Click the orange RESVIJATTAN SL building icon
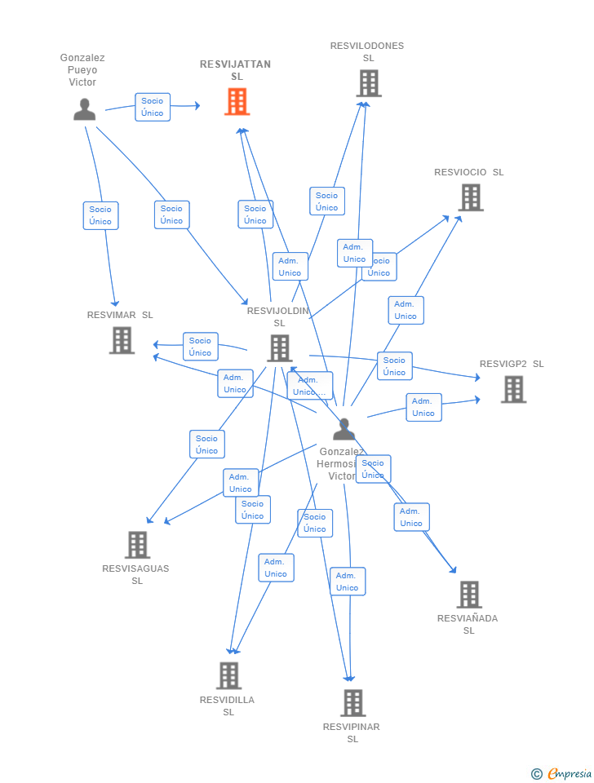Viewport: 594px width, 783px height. click(237, 102)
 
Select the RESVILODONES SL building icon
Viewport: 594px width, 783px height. click(368, 83)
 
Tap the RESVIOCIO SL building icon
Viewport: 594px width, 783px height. click(470, 197)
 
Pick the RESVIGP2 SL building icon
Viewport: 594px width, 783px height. click(513, 390)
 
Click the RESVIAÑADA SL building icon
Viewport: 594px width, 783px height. click(469, 595)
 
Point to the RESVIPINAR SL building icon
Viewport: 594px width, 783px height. click(352, 703)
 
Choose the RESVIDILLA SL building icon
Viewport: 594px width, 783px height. click(228, 675)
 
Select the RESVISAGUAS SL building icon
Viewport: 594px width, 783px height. click(137, 545)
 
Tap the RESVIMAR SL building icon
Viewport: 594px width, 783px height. click(122, 340)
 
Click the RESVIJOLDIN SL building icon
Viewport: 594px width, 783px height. click(279, 348)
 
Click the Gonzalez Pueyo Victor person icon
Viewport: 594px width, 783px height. click(84, 109)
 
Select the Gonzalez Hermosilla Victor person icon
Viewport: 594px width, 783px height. click(344, 430)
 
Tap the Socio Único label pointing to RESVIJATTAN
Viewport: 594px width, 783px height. click(153, 107)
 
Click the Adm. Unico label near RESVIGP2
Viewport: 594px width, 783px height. click(423, 407)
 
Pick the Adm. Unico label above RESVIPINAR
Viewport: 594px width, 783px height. click(348, 582)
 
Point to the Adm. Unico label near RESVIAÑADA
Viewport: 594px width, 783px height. click(411, 517)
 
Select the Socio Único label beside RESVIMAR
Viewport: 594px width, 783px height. click(201, 347)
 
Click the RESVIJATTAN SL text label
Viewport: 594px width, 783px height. click(236, 70)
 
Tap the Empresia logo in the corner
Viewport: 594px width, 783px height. click(562, 773)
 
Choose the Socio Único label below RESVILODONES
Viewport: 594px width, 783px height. click(326, 201)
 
